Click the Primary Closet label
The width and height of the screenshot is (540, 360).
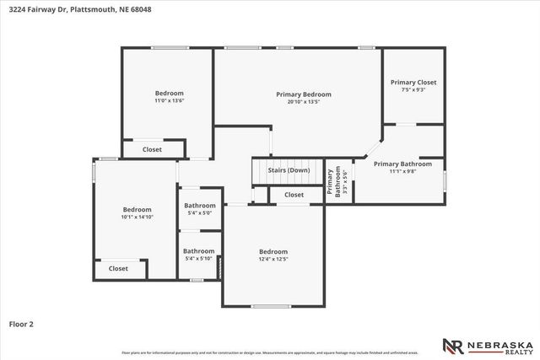(x=413, y=83)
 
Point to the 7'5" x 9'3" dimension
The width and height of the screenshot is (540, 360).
(x=413, y=90)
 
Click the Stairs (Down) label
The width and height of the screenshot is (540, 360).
(x=289, y=170)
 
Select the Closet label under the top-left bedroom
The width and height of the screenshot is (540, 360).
(x=152, y=149)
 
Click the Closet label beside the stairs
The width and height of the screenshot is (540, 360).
(x=294, y=195)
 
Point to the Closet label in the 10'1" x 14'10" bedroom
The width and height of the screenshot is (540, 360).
(x=118, y=268)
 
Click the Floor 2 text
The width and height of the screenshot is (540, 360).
(x=21, y=323)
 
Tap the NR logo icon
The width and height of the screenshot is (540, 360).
(x=452, y=346)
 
